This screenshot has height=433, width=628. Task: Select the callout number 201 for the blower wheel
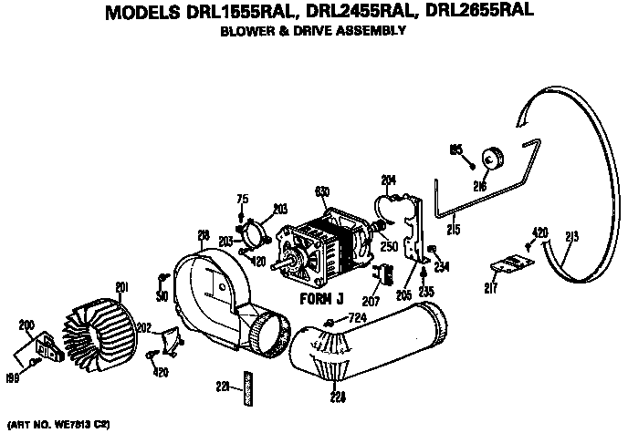point(120,290)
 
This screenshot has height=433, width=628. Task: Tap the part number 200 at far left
point(26,325)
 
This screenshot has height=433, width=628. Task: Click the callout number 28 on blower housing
point(204,236)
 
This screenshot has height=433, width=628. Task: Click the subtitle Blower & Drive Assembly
point(314,31)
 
